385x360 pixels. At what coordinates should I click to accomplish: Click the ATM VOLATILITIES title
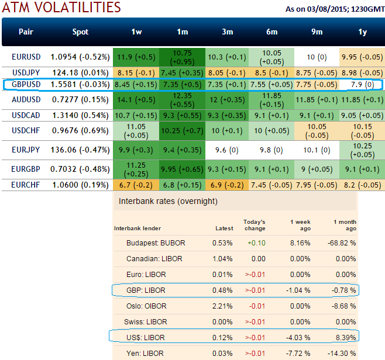pyautogui.click(x=61, y=8)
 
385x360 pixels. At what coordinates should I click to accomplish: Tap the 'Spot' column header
pyautogui.click(x=80, y=32)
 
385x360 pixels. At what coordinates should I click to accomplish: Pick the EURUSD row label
pyautogui.click(x=26, y=57)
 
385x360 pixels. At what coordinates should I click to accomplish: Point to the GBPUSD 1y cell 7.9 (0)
pyautogui.click(x=362, y=85)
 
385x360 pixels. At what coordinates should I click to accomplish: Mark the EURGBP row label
pyautogui.click(x=26, y=169)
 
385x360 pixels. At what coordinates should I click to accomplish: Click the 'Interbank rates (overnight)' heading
pyautogui.click(x=168, y=201)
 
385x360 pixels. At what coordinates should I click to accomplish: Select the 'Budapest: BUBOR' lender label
pyautogui.click(x=154, y=243)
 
